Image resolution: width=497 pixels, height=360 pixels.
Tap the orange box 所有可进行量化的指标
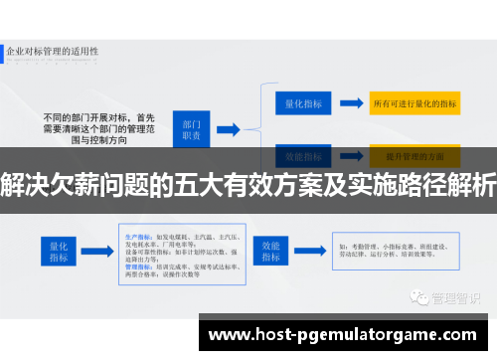(x=414, y=102)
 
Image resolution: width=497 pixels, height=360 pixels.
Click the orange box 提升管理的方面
(x=414, y=155)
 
